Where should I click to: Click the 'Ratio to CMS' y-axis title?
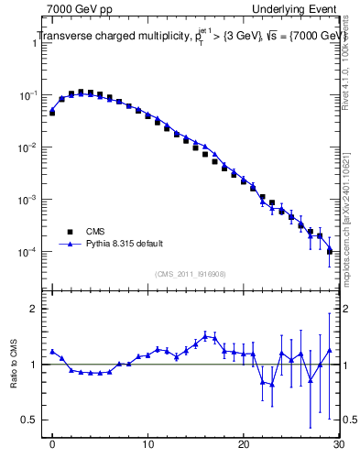coord(14,364)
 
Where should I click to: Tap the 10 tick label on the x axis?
coord(147,446)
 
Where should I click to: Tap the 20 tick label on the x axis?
coord(243,446)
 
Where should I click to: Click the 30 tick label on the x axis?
coord(337,446)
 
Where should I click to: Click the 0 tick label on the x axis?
coord(53,446)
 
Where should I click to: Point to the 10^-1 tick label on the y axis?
coord(27,95)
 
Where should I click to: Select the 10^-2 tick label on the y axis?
coord(27,147)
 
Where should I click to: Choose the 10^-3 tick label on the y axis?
coord(27,200)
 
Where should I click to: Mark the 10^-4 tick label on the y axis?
coord(27,252)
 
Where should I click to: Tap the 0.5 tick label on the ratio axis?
coord(31,420)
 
